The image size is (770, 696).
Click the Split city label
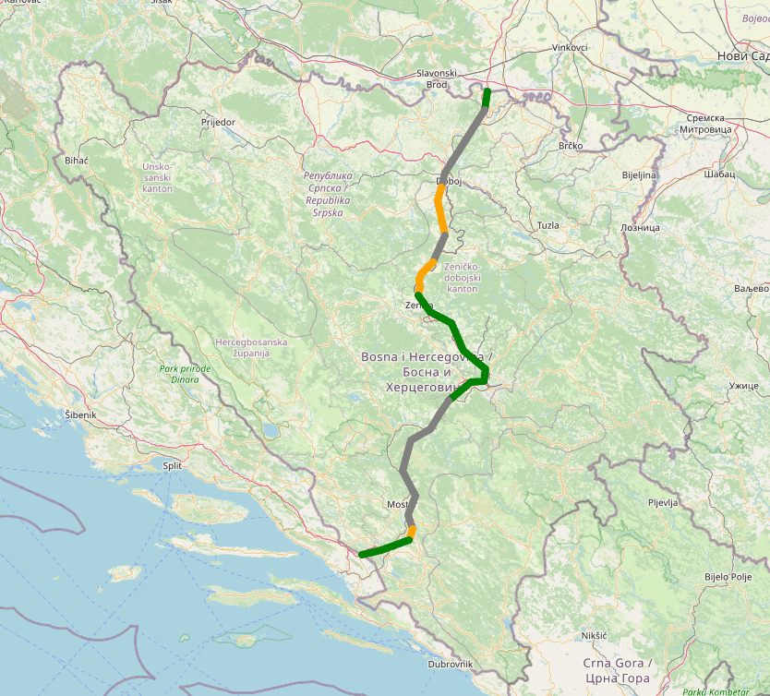click(172, 466)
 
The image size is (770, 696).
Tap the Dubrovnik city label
click(451, 664)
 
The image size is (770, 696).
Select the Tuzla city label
click(548, 225)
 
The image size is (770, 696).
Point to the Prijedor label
click(218, 122)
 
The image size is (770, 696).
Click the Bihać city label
click(77, 161)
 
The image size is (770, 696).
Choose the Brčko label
click(571, 147)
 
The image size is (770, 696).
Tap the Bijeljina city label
click(639, 174)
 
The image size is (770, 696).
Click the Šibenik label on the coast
click(80, 415)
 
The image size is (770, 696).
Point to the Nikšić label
click(594, 636)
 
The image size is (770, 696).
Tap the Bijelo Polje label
click(728, 576)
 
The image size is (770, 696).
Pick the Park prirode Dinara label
click(185, 374)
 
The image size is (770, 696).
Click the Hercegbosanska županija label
click(251, 347)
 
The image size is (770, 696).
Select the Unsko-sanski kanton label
click(157, 177)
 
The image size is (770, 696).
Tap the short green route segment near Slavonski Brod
click(486, 97)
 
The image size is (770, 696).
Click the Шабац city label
click(718, 174)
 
